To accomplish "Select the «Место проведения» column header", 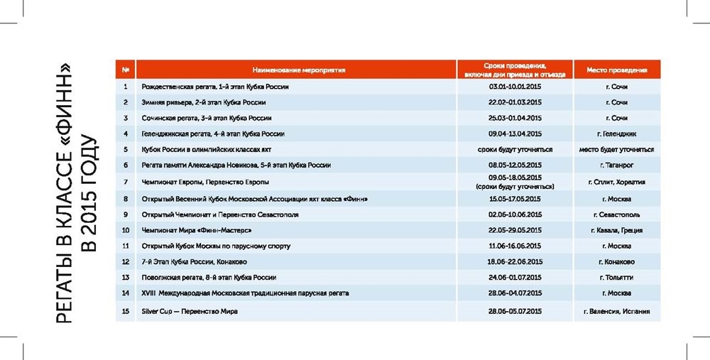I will pos(616,70).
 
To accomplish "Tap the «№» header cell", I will pos(125,70).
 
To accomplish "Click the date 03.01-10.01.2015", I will pos(515,87).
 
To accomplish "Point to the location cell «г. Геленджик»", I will pos(616,133).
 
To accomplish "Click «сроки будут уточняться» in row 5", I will pos(515,150).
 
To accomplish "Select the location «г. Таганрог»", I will pos(616,165).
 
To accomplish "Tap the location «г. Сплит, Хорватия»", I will pos(616,182).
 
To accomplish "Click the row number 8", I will pos(125,199).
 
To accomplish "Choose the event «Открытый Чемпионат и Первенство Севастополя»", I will pos(220,214).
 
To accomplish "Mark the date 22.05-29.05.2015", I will pos(515,230).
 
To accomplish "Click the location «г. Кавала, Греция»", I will pos(616,230).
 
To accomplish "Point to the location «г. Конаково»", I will pos(616,261).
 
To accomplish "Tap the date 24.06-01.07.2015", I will pos(515,277).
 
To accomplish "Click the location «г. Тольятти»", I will pos(616,277).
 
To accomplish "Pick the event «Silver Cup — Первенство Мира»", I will pos(190,311).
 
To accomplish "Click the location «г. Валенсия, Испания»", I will pos(616,311).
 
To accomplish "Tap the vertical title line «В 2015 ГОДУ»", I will pos(91,192).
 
